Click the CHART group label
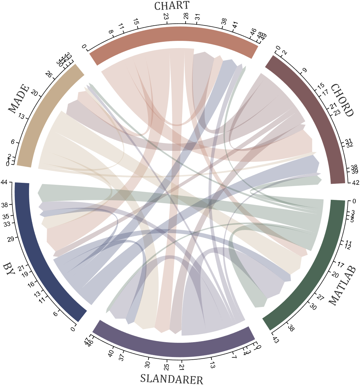coord(172,6)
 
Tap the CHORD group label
coord(342,100)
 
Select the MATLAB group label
coord(343,285)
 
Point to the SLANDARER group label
coord(172,379)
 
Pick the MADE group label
coord(19,99)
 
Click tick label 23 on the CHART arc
coord(166,16)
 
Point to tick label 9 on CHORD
coord(304,70)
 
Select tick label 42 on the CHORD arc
coord(355,182)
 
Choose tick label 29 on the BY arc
coord(10,239)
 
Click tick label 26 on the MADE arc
coord(48,75)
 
